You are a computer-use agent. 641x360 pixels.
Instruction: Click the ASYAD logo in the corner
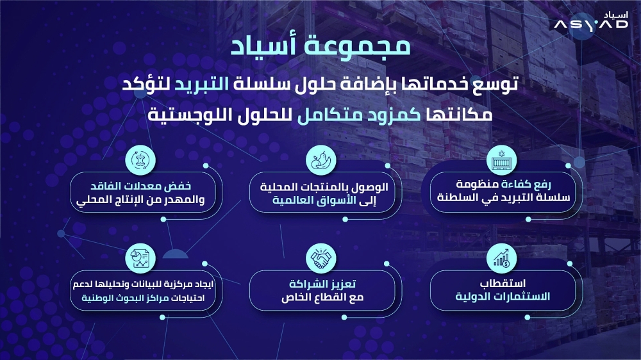(x=592, y=22)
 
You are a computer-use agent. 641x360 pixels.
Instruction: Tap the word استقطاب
(x=502, y=283)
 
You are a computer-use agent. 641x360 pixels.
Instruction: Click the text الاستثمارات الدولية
(x=502, y=297)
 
